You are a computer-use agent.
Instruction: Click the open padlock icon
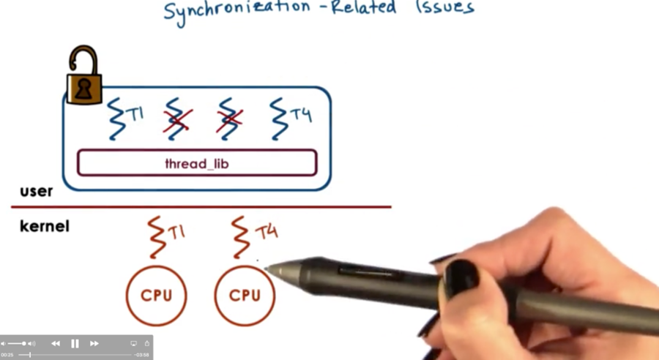point(84,75)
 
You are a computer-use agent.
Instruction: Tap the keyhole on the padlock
point(84,89)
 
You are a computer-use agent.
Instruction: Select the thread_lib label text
point(197,163)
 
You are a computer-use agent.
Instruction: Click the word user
point(37,192)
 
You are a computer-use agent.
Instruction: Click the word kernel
point(45,226)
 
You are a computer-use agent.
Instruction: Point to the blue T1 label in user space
point(135,114)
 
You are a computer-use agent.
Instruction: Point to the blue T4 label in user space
point(301,114)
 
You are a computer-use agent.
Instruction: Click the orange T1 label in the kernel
point(176,232)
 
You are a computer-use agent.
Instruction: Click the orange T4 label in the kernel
point(266,232)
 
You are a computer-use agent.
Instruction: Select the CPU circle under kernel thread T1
point(157,266)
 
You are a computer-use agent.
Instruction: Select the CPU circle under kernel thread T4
point(245,266)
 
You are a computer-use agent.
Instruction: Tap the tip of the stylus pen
point(266,269)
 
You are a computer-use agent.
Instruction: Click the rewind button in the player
point(56,344)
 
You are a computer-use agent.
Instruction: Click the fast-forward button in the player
point(94,344)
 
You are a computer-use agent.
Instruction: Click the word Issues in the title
point(445,8)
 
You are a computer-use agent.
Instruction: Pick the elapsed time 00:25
point(7,355)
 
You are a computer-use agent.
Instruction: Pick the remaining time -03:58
point(141,355)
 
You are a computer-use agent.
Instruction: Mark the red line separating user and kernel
point(201,206)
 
